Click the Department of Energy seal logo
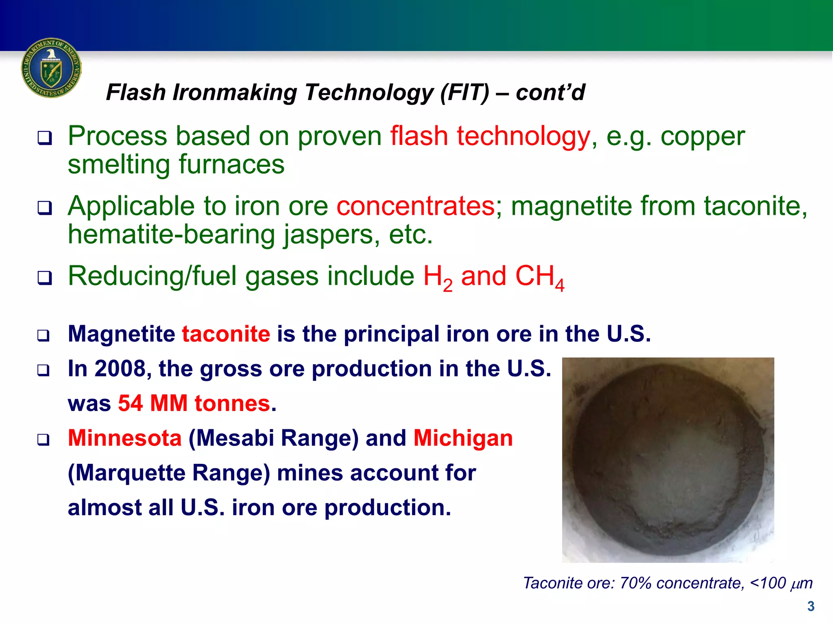click(x=51, y=68)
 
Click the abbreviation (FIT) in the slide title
click(x=464, y=92)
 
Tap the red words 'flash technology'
click(x=490, y=136)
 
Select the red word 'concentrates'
click(x=416, y=206)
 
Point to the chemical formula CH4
click(x=539, y=277)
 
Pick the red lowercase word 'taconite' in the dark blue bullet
click(x=226, y=334)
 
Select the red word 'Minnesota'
click(x=125, y=438)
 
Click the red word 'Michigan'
click(x=463, y=438)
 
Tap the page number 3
click(x=811, y=606)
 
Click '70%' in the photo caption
click(x=635, y=583)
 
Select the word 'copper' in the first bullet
click(x=702, y=136)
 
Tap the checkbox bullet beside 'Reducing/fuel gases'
click(x=45, y=278)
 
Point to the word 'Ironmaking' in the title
click(x=235, y=92)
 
